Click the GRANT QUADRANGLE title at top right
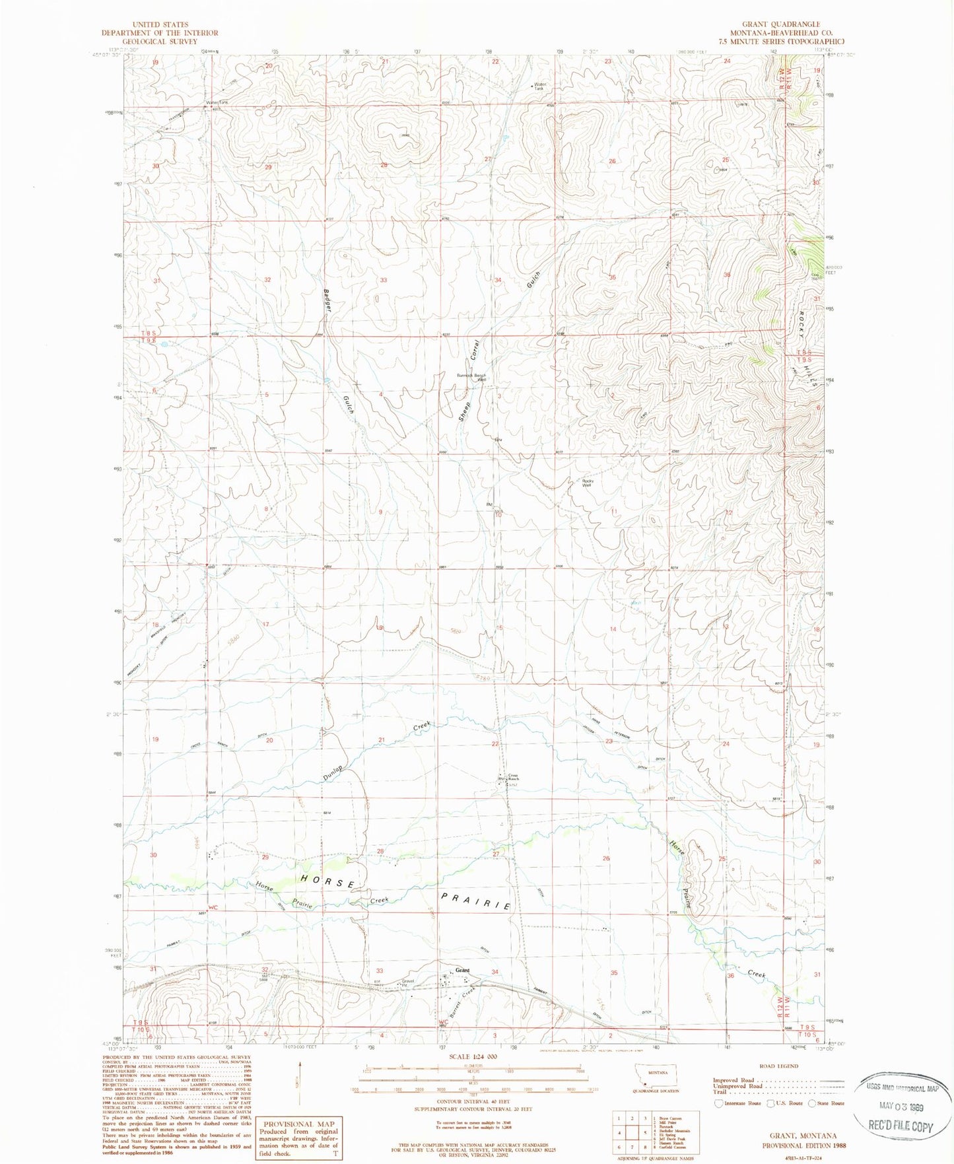pos(775,24)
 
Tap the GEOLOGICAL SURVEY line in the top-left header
pos(159,41)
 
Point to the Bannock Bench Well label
pos(471,378)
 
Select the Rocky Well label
pos(588,483)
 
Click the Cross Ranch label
pos(513,777)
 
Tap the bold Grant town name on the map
pos(462,970)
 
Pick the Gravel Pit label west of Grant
pos(407,982)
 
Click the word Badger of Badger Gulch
pos(327,301)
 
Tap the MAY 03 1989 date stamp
pos(902,1107)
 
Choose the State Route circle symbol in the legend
pos(812,1103)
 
